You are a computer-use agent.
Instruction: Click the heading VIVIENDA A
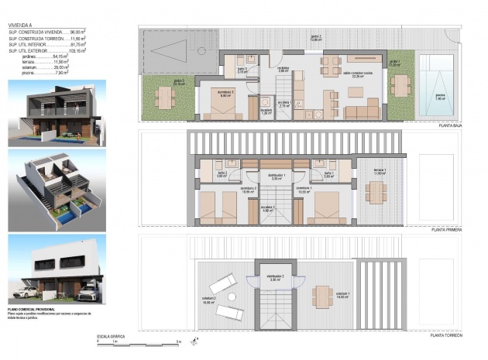(20, 25)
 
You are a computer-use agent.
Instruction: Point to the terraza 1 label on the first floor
(379, 171)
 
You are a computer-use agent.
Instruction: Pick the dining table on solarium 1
(323, 295)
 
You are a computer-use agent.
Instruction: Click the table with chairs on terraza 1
(376, 193)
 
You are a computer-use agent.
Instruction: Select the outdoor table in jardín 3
(164, 98)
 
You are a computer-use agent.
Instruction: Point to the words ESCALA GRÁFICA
(112, 336)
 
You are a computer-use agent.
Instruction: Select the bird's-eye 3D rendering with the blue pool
(57, 190)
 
